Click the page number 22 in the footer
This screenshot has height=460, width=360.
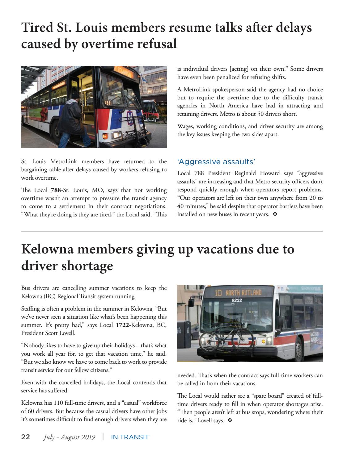[x=25, y=437]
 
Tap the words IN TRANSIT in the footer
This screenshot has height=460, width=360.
[x=130, y=437]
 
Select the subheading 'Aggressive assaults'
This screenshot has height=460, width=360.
[x=216, y=162]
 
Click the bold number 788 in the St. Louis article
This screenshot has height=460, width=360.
[x=56, y=190]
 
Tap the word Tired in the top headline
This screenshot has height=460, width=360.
[x=33, y=27]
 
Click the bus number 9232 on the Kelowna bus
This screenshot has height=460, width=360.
[x=237, y=300]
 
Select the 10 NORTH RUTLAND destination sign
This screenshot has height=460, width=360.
[x=238, y=293]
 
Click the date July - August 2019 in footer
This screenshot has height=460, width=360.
[x=69, y=437]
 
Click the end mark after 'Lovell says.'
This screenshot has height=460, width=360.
[x=230, y=420]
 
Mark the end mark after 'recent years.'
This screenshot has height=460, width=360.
[x=275, y=214]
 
